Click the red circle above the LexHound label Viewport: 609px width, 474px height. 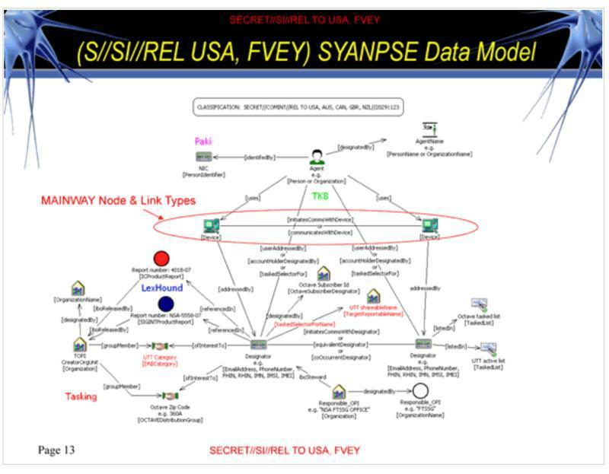pos(160,259)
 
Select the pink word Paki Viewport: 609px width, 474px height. pos(202,142)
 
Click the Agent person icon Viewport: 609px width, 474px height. pos(317,157)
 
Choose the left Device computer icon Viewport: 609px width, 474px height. pos(211,226)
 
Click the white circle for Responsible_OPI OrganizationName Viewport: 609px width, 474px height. pos(421,390)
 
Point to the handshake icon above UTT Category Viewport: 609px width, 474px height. pos(159,346)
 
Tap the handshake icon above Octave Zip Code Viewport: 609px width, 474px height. pos(169,396)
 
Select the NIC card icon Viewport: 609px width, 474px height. pos(203,157)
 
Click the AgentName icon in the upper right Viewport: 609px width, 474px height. pos(429,131)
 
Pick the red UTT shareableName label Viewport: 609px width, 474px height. pos(372,309)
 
